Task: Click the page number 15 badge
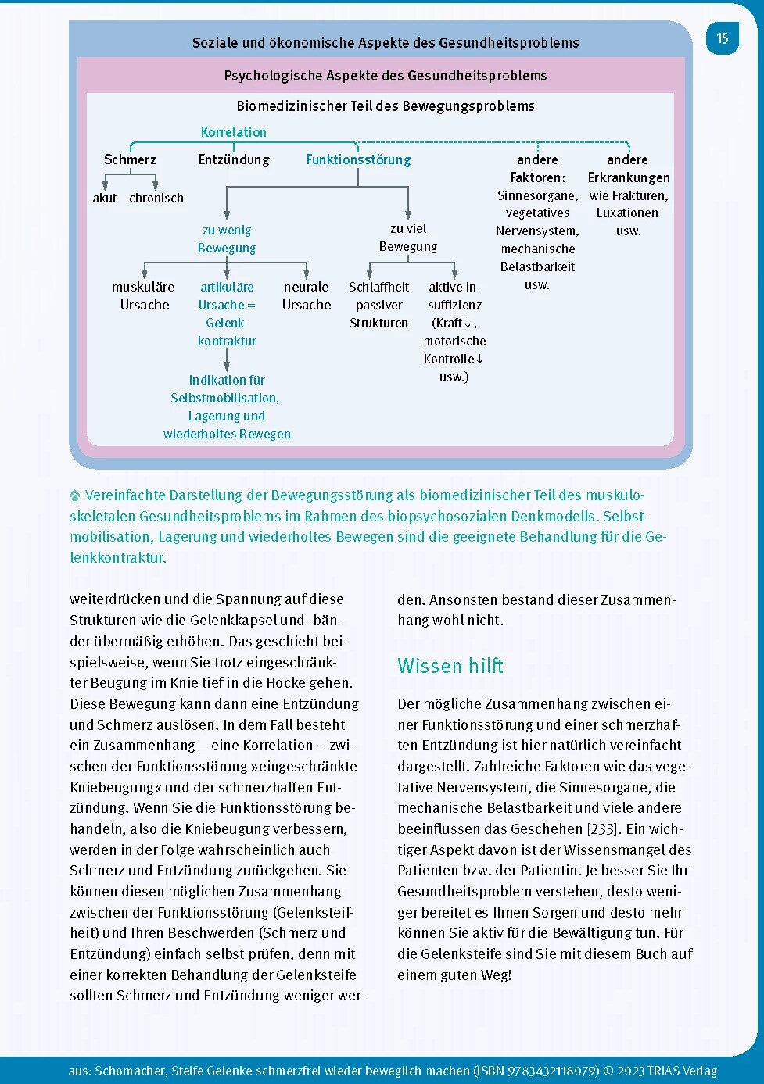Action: (x=722, y=38)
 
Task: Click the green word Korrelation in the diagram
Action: (x=233, y=132)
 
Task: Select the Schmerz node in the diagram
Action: (x=130, y=159)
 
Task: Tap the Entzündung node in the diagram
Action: (x=233, y=159)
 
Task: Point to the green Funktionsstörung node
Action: (x=358, y=159)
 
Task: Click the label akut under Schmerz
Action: (x=104, y=198)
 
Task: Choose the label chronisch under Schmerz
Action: (x=156, y=198)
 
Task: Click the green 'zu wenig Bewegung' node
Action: (x=227, y=238)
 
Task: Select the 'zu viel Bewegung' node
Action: (x=407, y=237)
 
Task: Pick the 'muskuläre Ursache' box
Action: (x=144, y=295)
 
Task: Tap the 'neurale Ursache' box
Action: (x=307, y=295)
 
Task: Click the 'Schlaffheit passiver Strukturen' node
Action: (x=378, y=305)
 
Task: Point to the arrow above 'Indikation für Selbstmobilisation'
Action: (x=227, y=360)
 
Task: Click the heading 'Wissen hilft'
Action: (x=450, y=666)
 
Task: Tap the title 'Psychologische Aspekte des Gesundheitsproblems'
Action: (x=385, y=76)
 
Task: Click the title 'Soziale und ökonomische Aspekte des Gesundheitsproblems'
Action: (x=385, y=43)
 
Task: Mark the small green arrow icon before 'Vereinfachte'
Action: (x=75, y=495)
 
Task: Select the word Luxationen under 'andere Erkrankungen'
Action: (x=627, y=213)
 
